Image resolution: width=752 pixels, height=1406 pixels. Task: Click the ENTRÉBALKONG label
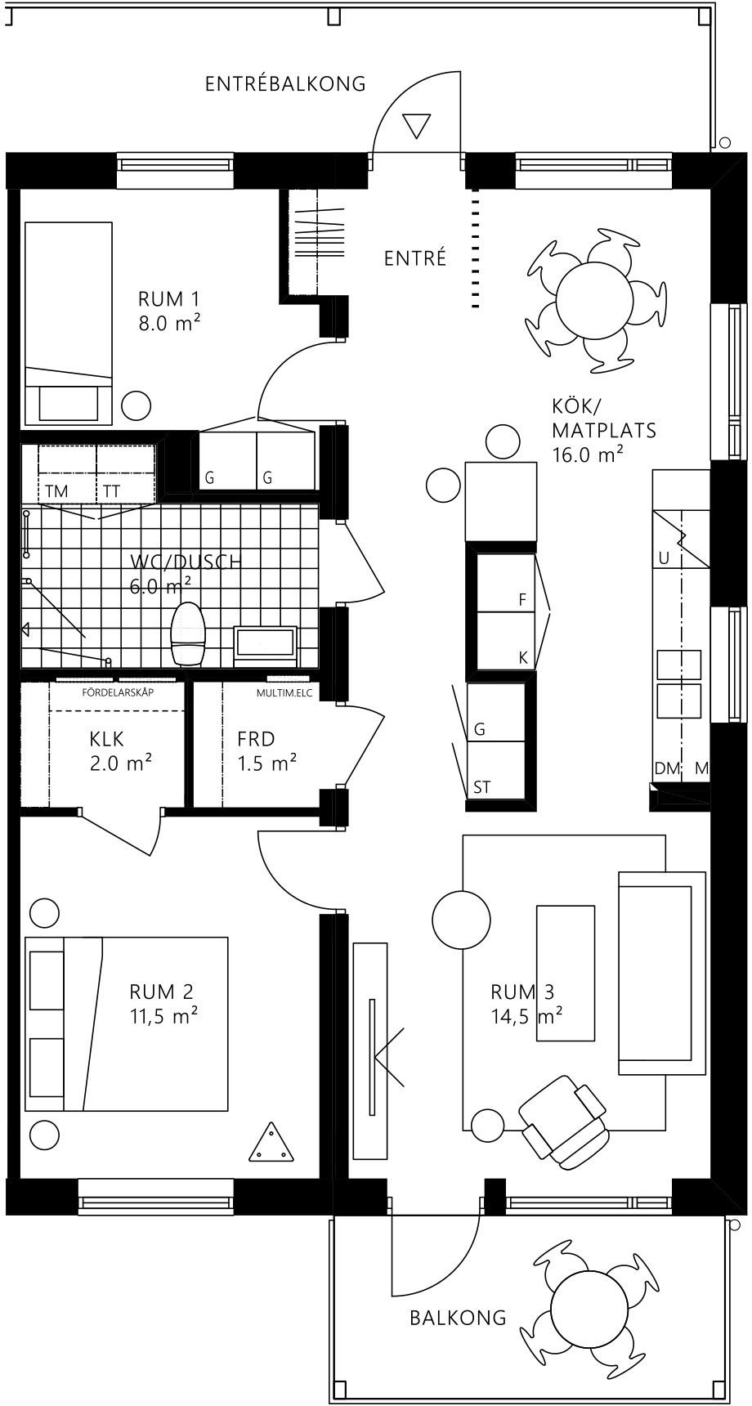(285, 83)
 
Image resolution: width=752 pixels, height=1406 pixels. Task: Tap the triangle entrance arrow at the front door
(416, 126)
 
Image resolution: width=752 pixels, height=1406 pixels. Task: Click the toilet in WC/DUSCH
(187, 634)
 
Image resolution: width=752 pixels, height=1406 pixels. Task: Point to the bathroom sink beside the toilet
(266, 642)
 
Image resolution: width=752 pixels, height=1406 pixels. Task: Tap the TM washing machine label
(57, 491)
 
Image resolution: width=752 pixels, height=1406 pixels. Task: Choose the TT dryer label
(110, 491)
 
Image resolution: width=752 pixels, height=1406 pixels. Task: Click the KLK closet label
(107, 739)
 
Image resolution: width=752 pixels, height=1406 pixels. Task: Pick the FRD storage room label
(256, 739)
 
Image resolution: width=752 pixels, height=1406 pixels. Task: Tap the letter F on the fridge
(522, 599)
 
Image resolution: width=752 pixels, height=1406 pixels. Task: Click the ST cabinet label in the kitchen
(482, 787)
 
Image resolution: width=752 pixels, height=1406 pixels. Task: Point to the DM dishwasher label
(667, 768)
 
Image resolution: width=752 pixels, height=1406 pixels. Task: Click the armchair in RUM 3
(563, 1119)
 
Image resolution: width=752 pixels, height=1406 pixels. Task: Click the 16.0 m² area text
(588, 454)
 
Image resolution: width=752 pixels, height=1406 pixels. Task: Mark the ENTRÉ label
(415, 258)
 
